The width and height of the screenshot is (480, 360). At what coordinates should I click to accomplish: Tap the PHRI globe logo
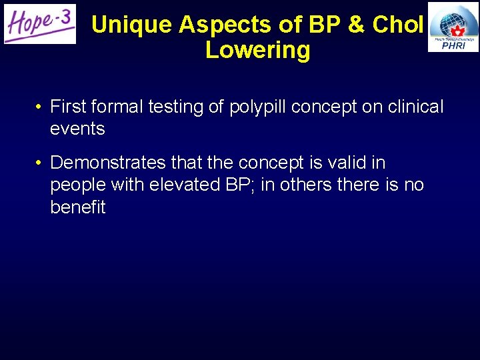click(x=453, y=27)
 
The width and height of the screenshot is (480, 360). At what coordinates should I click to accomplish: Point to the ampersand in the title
click(x=356, y=25)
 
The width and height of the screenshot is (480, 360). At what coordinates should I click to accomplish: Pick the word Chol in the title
click(x=398, y=25)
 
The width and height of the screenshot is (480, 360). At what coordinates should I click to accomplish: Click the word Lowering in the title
click(x=257, y=50)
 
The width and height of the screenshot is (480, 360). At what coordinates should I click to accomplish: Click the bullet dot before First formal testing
click(x=41, y=107)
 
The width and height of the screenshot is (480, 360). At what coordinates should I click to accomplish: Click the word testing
click(x=180, y=107)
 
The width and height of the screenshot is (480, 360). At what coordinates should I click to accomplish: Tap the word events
click(x=77, y=129)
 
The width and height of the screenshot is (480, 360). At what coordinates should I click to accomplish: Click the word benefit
click(x=78, y=207)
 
